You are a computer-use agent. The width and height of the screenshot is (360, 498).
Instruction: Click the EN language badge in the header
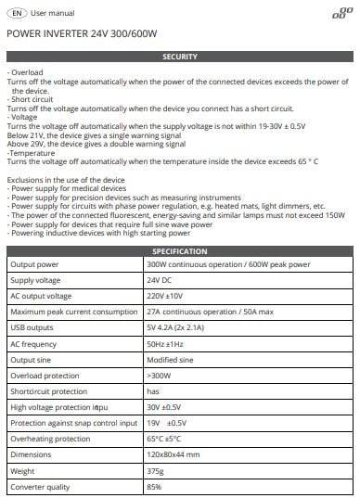pyautogui.click(x=16, y=14)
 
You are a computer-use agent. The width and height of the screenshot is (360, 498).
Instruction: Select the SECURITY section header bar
pyautogui.click(x=179, y=57)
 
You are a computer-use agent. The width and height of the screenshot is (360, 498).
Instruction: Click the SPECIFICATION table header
pyautogui.click(x=179, y=251)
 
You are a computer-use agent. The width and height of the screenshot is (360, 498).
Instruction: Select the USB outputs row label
pyautogui.click(x=32, y=327)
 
